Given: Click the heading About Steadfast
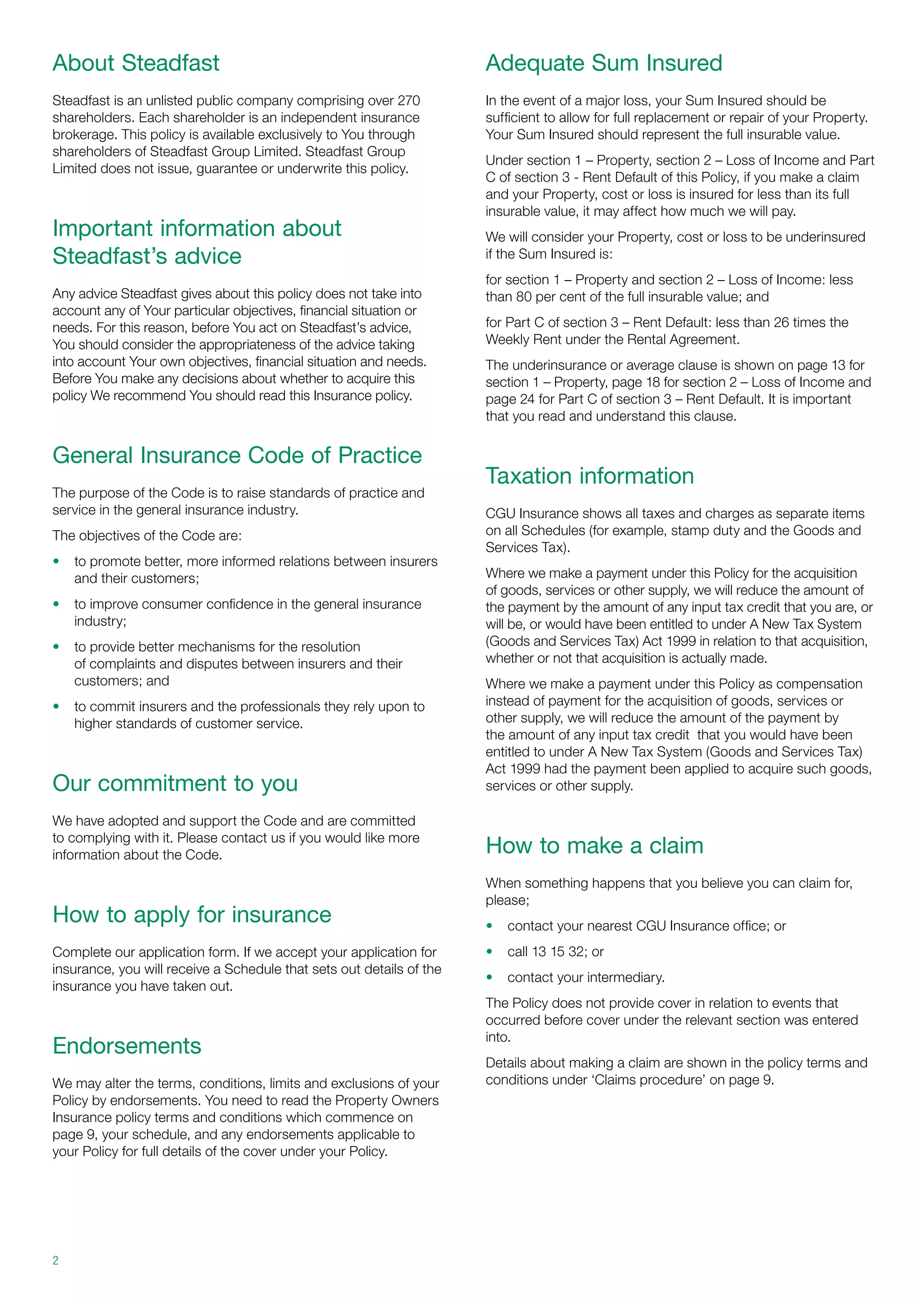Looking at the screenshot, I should pos(136,63).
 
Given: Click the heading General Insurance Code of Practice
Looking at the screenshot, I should pos(237,455).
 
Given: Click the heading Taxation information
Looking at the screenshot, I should pos(590,476).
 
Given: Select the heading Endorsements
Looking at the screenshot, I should pos(127,1046).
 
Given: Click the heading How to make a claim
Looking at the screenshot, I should pos(595,845).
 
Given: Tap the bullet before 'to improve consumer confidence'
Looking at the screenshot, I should pos(56,604).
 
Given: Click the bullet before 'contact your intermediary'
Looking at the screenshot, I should pos(490,977).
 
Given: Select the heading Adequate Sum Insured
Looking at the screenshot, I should pos(604,63).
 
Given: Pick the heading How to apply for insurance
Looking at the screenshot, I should pos(192,914).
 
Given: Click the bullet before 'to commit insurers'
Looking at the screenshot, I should pos(56,707).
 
